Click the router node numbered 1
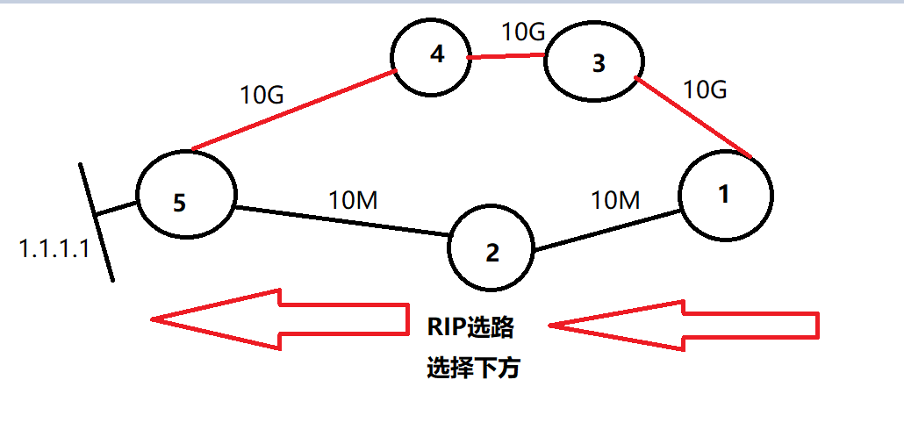[725, 196]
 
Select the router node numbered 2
[491, 252]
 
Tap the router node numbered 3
[596, 64]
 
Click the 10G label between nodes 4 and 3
[524, 32]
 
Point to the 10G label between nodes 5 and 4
[262, 96]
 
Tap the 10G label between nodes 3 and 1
[706, 89]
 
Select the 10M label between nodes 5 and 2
[353, 201]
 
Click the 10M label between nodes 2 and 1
[616, 201]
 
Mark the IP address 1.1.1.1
[54, 250]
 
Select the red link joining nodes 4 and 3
[506, 57]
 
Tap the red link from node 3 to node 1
[693, 118]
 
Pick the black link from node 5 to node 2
[342, 222]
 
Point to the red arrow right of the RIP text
[685, 326]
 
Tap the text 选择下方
[474, 368]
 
